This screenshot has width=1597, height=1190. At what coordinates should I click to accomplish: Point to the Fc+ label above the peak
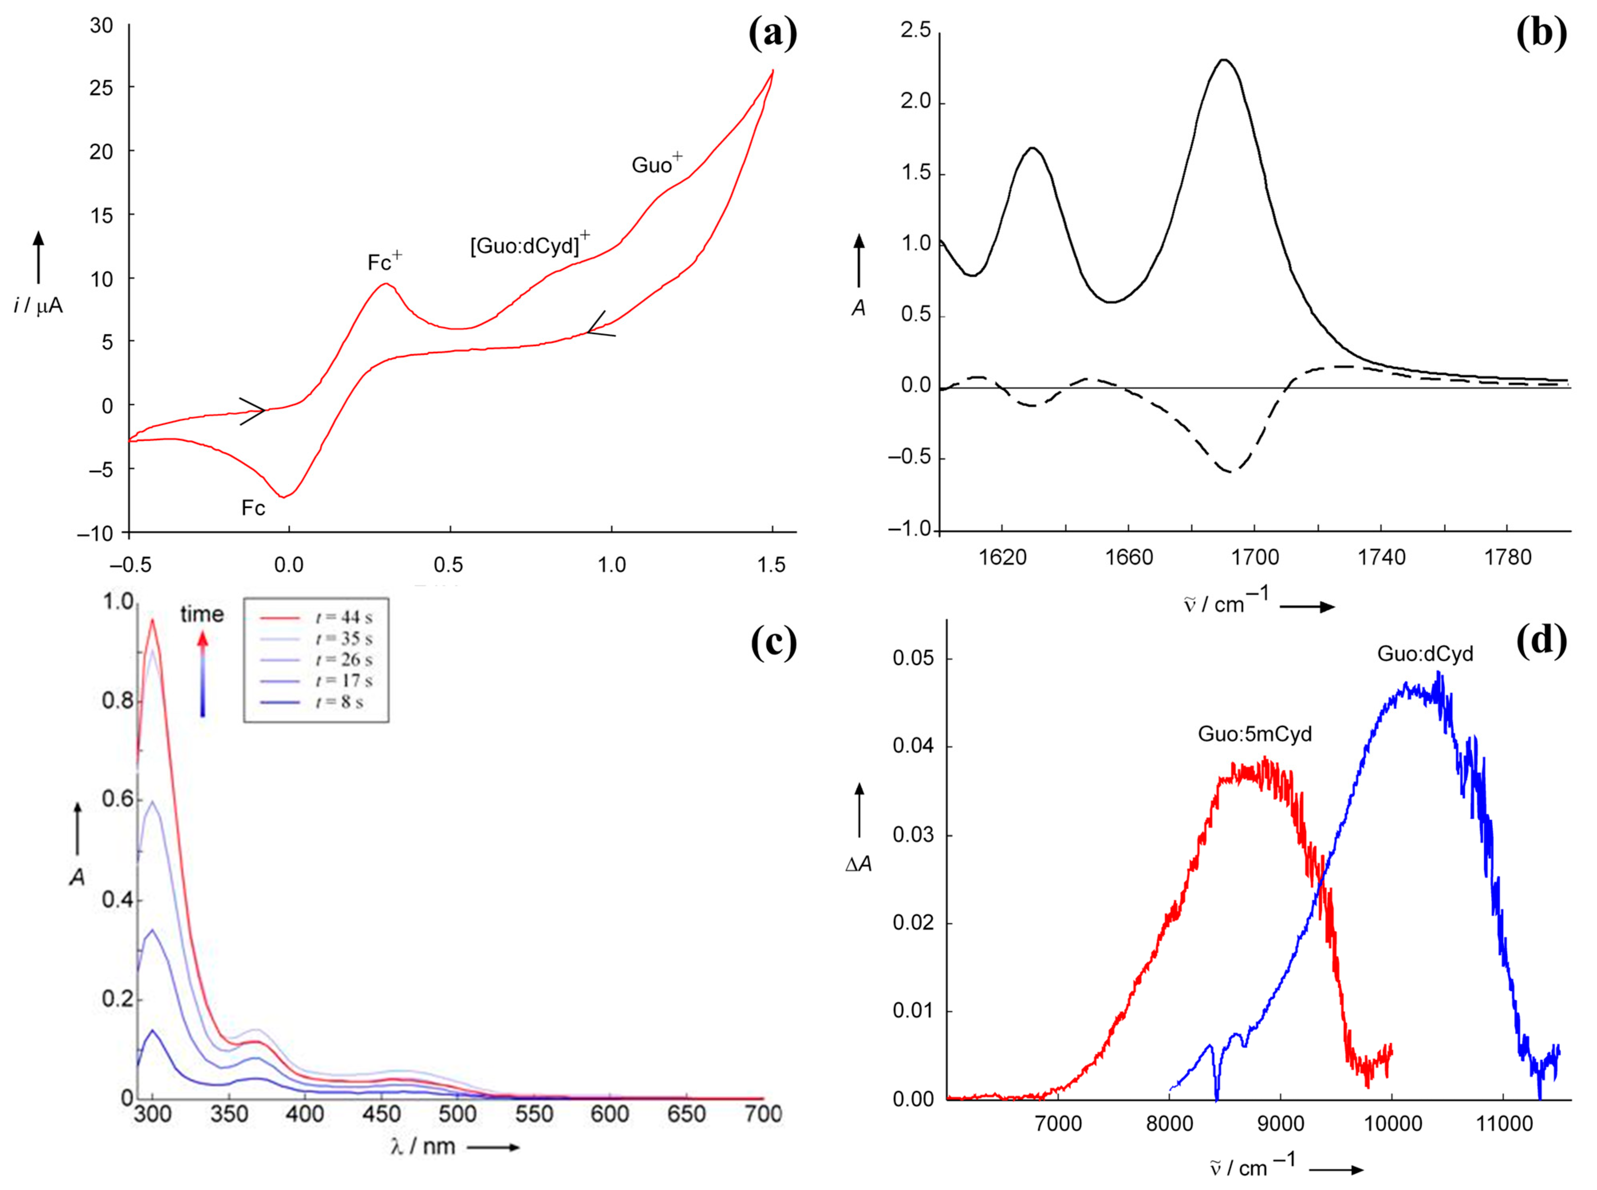point(384,262)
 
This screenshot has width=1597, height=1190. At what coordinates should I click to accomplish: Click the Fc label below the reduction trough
point(253,508)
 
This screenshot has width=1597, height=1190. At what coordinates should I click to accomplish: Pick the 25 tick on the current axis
point(102,88)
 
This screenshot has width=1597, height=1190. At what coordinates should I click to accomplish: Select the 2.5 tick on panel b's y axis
point(915,30)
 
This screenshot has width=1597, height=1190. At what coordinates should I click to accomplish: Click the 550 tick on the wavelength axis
point(534,1114)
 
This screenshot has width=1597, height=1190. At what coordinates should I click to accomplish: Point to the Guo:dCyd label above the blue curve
point(1425,653)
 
